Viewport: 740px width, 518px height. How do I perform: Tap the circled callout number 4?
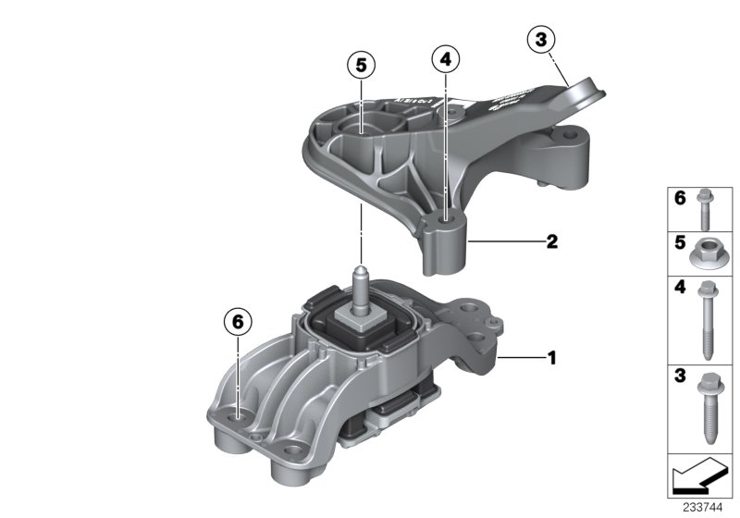pos(445,60)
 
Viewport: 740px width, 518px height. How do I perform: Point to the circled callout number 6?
pos(237,322)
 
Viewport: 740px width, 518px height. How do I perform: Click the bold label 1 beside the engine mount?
pos(552,355)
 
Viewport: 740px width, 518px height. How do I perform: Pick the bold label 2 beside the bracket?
pos(551,242)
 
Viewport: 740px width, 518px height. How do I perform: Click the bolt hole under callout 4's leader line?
pos(445,218)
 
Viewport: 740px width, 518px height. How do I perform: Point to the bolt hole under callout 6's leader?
pos(238,417)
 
